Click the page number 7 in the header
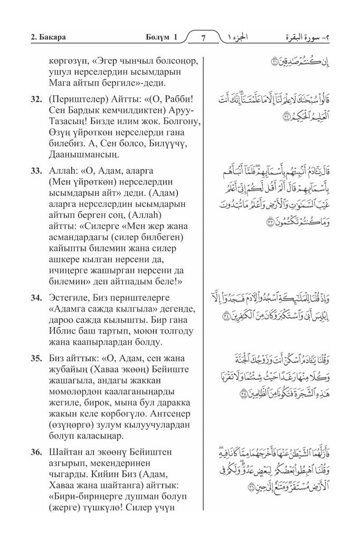click(205, 39)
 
